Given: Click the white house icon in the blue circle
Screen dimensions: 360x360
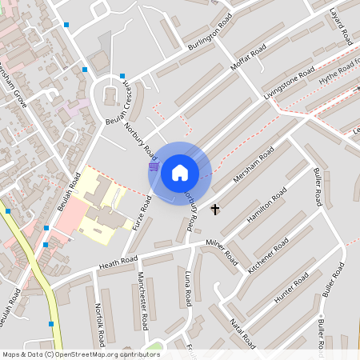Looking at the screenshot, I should pos(179,173).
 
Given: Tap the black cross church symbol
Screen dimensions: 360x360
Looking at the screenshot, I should pos(214,210).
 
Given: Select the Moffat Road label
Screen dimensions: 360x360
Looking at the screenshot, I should pos(247,60).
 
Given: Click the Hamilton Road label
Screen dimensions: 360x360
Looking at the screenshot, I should pos(267,206).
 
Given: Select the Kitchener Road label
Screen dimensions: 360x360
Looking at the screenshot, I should pos(267,256).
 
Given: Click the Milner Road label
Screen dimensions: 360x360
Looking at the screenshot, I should pos(220,251).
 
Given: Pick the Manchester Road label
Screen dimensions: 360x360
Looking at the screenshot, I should pos(142,300).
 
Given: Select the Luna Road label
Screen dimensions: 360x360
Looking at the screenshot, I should pos(188,287).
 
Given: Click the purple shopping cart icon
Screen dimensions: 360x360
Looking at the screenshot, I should pos(153,166).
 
